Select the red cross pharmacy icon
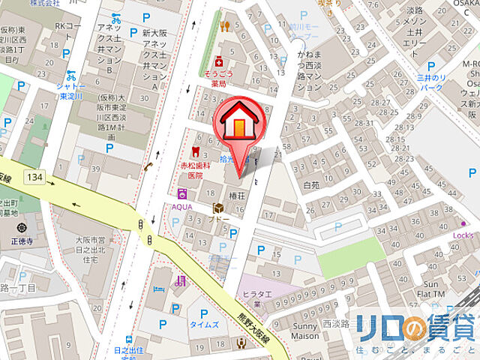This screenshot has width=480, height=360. [x=218, y=60]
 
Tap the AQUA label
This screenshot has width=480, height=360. [x=182, y=206]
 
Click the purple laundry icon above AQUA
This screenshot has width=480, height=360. [x=181, y=193]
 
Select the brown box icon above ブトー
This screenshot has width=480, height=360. [x=217, y=208]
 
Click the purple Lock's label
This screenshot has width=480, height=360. [x=463, y=235]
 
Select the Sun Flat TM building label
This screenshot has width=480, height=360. [x=436, y=289]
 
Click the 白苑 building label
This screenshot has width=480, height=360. [x=311, y=184]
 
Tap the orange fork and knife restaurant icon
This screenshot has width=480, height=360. [x=224, y=25]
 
